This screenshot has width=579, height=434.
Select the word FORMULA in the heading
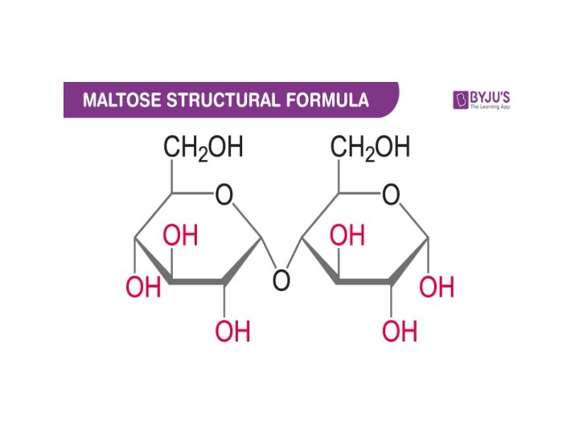322,100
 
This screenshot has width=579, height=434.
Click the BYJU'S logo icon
462,100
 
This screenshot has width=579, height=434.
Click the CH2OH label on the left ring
203,149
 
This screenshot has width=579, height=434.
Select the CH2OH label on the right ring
370,149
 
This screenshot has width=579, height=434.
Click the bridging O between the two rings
281,281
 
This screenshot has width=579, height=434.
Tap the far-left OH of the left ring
143,288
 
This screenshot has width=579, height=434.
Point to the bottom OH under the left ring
233,330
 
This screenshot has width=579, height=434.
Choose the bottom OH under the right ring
400,330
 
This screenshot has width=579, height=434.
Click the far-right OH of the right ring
437,287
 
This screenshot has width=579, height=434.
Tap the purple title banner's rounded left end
69,100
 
